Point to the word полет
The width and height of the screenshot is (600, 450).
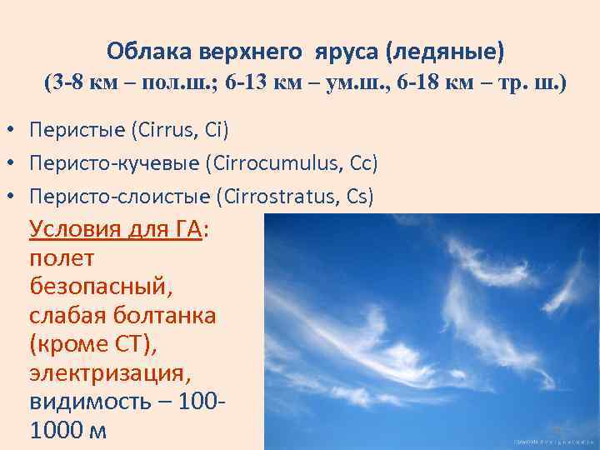point(62,258)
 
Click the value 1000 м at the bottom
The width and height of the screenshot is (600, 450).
point(68,432)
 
